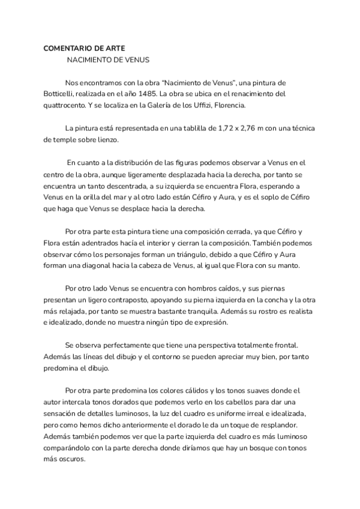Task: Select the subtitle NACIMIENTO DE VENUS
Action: pos(107,60)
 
